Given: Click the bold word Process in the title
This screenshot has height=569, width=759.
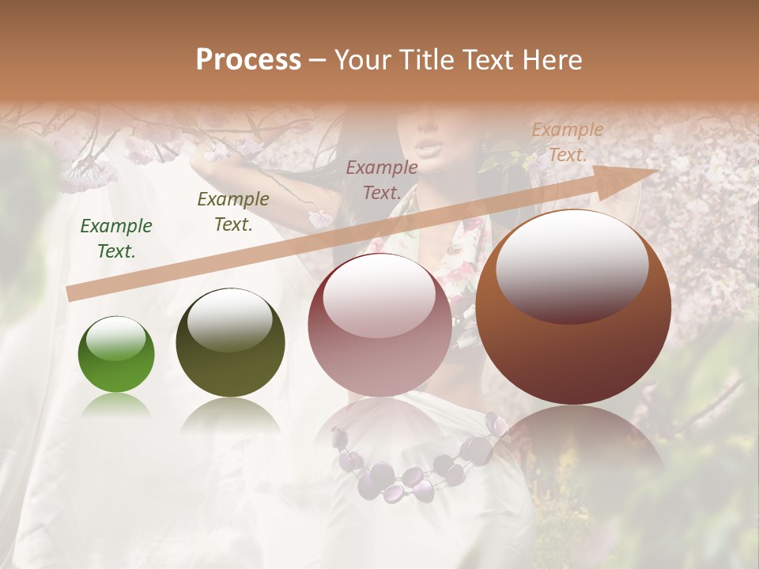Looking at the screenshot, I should pyautogui.click(x=248, y=60).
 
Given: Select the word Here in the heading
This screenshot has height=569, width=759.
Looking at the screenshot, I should pyautogui.click(x=553, y=60).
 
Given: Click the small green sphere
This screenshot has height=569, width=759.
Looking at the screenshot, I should pyautogui.click(x=116, y=354).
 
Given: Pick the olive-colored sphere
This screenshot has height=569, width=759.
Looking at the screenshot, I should pyautogui.click(x=230, y=342).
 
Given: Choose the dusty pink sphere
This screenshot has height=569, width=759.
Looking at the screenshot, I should pyautogui.click(x=379, y=325).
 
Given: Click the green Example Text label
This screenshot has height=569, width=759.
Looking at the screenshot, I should pyautogui.click(x=116, y=239).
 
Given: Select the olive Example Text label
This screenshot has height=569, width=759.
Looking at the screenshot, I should pyautogui.click(x=233, y=212).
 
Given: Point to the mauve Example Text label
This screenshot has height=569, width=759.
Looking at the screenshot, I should pyautogui.click(x=382, y=180).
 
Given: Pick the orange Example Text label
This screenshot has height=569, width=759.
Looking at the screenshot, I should pyautogui.click(x=568, y=142).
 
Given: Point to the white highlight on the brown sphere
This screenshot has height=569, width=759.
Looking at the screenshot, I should pyautogui.click(x=572, y=265).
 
